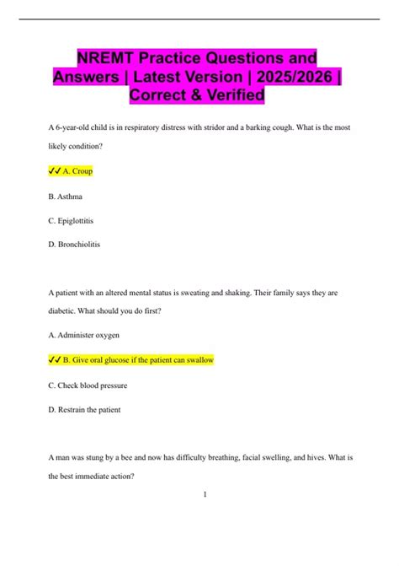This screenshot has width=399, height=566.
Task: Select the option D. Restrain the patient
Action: coord(85,411)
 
